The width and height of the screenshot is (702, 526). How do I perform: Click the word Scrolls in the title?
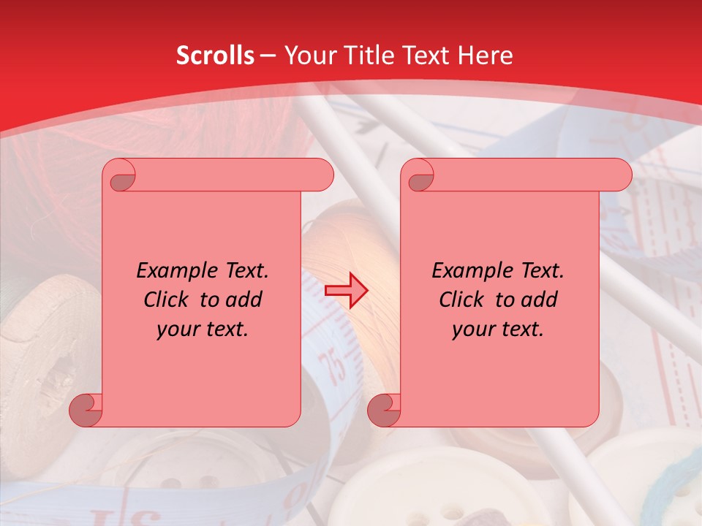(x=215, y=56)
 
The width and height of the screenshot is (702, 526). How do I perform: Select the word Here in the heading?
(x=484, y=56)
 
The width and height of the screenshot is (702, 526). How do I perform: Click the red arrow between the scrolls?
(x=347, y=291)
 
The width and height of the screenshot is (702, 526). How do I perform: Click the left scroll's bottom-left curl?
(x=86, y=409)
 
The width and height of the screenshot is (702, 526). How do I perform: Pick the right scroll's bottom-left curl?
(x=385, y=409)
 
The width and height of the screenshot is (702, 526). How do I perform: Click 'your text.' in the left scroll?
(x=203, y=329)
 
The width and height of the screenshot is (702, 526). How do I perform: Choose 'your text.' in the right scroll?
(x=498, y=329)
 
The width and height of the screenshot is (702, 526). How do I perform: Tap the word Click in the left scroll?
(x=165, y=300)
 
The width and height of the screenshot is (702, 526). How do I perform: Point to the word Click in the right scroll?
(x=460, y=300)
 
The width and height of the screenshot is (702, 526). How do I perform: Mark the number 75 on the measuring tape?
(x=336, y=365)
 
